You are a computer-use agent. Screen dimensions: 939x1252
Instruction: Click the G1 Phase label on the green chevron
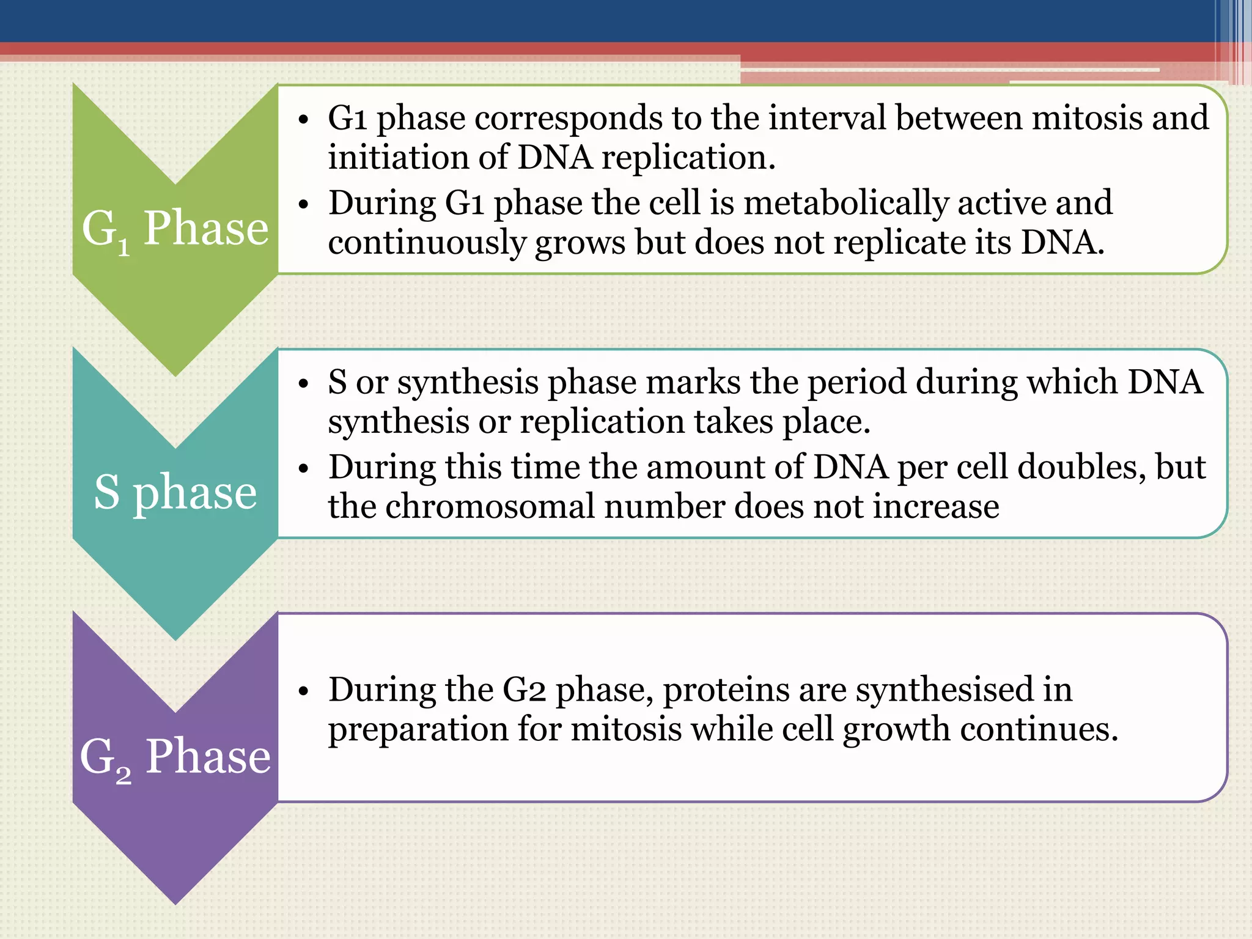(x=175, y=229)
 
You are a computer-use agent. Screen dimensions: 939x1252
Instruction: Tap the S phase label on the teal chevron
(x=175, y=492)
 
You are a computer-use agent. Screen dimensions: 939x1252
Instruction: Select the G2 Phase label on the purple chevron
(x=175, y=757)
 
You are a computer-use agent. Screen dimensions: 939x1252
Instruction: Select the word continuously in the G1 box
(x=426, y=243)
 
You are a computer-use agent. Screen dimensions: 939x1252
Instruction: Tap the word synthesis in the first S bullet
(x=468, y=383)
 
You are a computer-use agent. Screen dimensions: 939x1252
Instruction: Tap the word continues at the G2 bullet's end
(x=1039, y=729)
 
